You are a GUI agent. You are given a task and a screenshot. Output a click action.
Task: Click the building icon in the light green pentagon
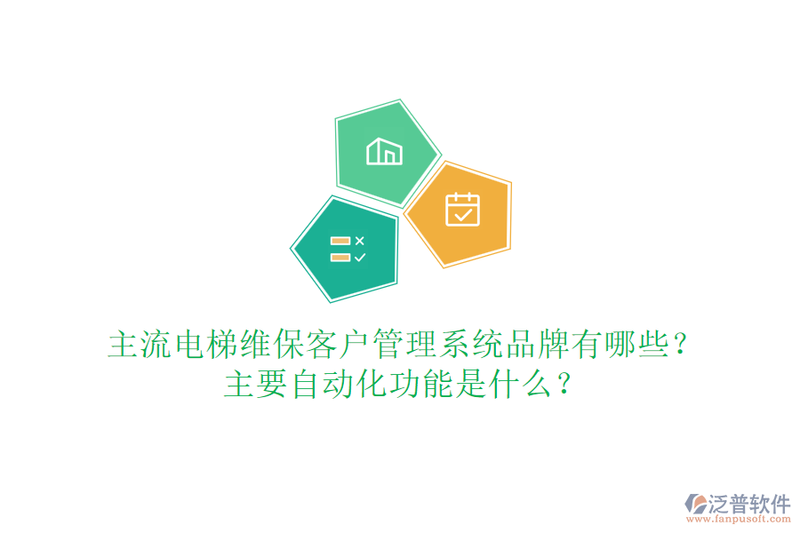point(384,152)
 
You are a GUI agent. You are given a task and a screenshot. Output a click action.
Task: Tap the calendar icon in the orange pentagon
point(462,210)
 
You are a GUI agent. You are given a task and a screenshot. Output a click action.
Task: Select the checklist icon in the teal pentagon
point(348,249)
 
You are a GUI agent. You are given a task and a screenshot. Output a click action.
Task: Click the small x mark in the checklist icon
point(359,241)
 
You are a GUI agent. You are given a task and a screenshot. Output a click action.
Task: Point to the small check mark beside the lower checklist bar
point(359,258)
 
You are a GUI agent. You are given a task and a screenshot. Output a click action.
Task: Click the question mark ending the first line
point(681,345)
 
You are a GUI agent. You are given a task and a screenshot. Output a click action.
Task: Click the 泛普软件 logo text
point(749,504)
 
